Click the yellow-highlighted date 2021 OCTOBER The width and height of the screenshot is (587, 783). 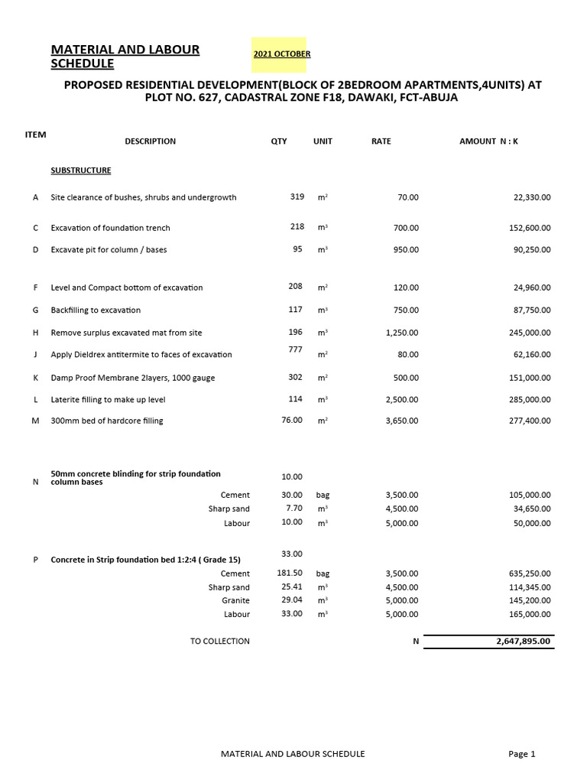pyautogui.click(x=281, y=54)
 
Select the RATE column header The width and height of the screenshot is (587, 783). pyautogui.click(x=381, y=141)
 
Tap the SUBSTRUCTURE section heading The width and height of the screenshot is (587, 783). pyautogui.click(x=81, y=171)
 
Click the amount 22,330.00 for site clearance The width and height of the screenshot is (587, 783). pyautogui.click(x=532, y=197)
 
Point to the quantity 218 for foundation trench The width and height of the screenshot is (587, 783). pyautogui.click(x=297, y=227)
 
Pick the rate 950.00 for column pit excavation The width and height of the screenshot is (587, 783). pyautogui.click(x=406, y=250)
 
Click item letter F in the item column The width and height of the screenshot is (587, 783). pyautogui.click(x=36, y=288)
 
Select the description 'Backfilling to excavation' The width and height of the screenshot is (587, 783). pyautogui.click(x=96, y=310)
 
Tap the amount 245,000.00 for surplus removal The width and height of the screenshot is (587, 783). pyautogui.click(x=530, y=333)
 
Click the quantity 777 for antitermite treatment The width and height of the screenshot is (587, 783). pyautogui.click(x=297, y=349)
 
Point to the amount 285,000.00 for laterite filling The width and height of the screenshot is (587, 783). pyautogui.click(x=530, y=400)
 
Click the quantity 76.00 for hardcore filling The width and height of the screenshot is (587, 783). pyautogui.click(x=292, y=421)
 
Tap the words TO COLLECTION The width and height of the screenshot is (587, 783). pyautogui.click(x=220, y=642)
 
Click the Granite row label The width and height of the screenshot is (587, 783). pyautogui.click(x=235, y=601)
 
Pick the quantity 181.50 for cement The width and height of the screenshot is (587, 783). pyautogui.click(x=290, y=573)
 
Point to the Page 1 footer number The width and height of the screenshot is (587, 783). pyautogui.click(x=522, y=754)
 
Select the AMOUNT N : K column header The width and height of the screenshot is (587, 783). pyautogui.click(x=488, y=141)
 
